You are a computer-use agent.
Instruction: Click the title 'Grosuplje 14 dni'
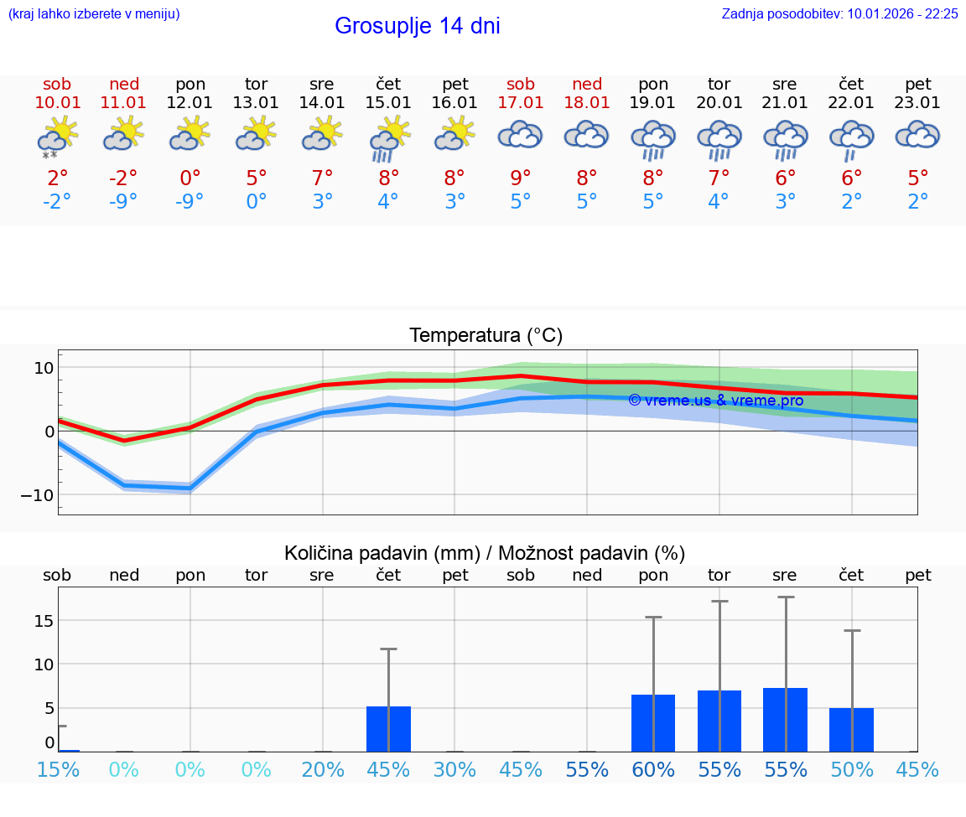click(x=417, y=26)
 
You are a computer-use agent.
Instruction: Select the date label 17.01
click(x=521, y=103)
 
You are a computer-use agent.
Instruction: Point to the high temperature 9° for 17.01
click(x=521, y=178)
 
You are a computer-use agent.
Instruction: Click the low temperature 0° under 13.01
click(x=257, y=202)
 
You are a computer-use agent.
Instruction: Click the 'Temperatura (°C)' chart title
click(x=486, y=336)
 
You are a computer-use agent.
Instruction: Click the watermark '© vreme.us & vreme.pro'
click(x=715, y=401)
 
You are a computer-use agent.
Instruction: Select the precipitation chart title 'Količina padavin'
click(x=485, y=553)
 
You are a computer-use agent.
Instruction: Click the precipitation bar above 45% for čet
click(x=388, y=728)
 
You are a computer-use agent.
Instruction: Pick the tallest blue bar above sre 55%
click(x=785, y=719)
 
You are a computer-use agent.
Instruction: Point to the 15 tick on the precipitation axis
click(x=44, y=621)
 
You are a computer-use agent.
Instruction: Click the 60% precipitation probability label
click(x=653, y=770)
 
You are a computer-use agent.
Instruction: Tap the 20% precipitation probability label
click(x=323, y=770)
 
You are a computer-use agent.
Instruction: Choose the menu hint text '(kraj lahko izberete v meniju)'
click(x=94, y=13)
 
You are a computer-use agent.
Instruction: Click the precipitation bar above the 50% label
click(x=851, y=729)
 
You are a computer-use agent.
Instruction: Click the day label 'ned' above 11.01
click(x=124, y=84)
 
